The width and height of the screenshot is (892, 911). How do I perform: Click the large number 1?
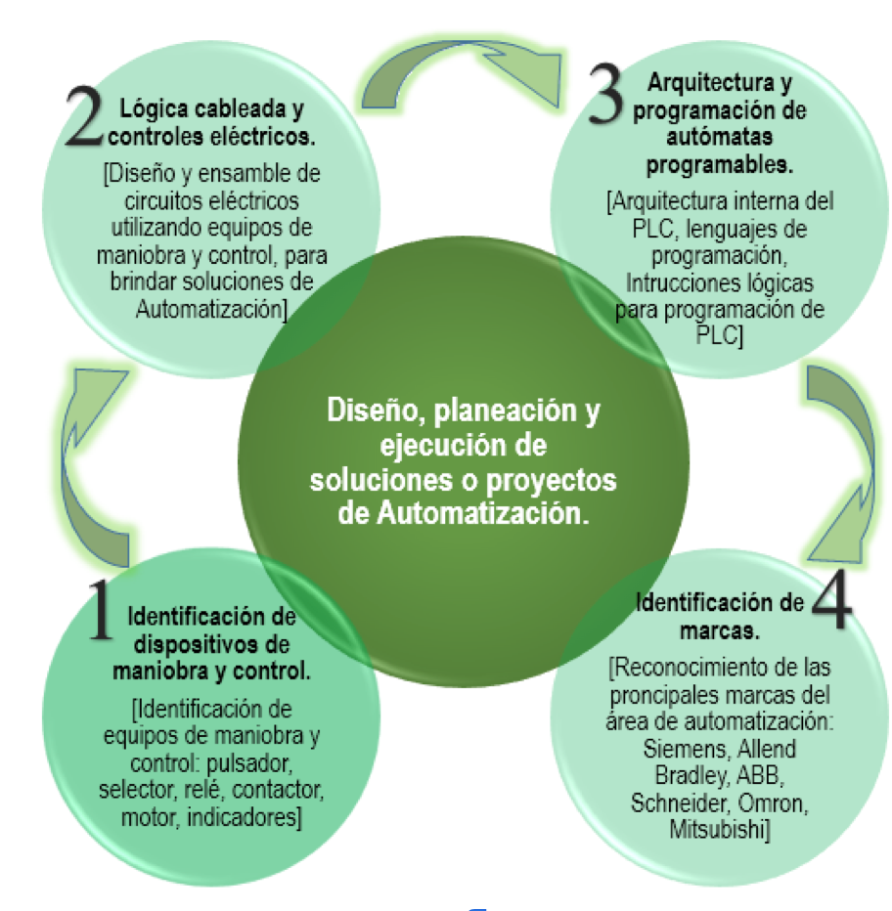pyautogui.click(x=101, y=610)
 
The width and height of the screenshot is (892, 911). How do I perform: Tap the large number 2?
pyautogui.click(x=84, y=115)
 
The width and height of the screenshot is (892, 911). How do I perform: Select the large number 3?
pyautogui.click(x=605, y=95)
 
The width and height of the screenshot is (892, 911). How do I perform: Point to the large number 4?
pyautogui.click(x=831, y=599)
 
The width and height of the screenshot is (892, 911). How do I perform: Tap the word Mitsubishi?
pyautogui.click(x=720, y=829)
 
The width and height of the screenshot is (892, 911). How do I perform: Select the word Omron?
pyautogui.click(x=773, y=803)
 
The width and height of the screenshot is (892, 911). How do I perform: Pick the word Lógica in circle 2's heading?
pyautogui.click(x=154, y=109)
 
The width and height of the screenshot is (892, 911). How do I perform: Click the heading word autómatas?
pyautogui.click(x=719, y=137)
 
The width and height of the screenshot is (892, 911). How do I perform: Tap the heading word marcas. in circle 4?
pyautogui.click(x=719, y=630)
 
